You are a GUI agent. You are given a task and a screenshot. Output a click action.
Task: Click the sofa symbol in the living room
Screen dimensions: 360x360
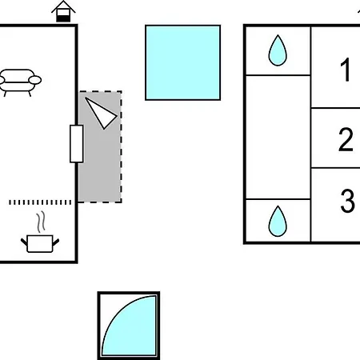point(20,82)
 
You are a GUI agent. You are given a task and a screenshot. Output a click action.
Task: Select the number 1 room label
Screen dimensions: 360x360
point(346,70)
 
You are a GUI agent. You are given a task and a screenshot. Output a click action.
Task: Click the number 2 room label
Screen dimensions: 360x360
point(346,139)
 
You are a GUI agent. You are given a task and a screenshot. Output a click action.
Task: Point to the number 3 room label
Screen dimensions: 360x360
point(347,201)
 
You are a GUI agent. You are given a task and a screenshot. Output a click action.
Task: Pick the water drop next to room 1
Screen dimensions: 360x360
point(278,50)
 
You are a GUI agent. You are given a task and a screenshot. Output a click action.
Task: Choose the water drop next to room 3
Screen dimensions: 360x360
point(278,222)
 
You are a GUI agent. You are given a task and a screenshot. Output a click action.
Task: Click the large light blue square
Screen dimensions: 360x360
point(182,62)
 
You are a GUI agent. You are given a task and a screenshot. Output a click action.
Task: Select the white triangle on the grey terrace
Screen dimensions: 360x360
point(102,114)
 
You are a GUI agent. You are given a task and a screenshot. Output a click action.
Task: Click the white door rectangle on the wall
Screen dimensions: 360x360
point(77,143)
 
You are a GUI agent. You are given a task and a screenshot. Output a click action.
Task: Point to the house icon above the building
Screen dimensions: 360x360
point(63,11)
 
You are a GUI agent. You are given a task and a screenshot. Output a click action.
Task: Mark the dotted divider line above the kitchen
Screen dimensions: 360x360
point(40,202)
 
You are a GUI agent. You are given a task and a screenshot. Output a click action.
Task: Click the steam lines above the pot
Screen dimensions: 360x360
point(41,222)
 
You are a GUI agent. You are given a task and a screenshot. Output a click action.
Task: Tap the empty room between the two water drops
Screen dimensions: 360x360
point(278,138)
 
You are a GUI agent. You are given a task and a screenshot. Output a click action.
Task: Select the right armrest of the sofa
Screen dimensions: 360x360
point(35,80)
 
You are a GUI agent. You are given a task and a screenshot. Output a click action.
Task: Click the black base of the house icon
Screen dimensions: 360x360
point(63,18)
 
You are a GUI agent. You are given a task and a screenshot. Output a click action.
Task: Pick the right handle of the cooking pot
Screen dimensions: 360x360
point(56,242)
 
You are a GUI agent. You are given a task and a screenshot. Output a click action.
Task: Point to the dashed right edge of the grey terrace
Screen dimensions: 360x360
point(121,146)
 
